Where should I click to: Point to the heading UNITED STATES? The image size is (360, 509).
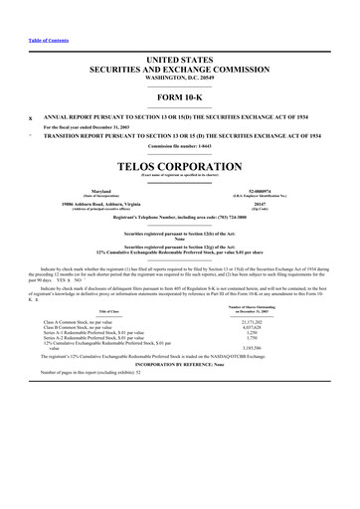click(179, 61)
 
